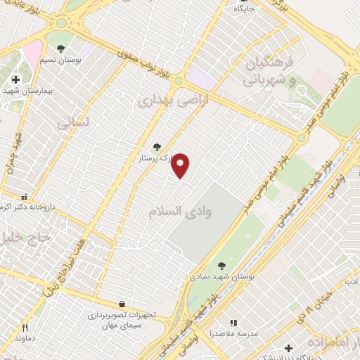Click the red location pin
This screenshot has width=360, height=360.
(181, 165)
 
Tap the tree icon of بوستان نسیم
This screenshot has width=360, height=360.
(61, 48)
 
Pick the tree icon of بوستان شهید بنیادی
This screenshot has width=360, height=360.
(221, 265)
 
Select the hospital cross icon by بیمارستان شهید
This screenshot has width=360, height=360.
(15, 80)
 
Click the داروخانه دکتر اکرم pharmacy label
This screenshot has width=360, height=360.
(28, 207)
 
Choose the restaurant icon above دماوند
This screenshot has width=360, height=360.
(24, 327)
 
